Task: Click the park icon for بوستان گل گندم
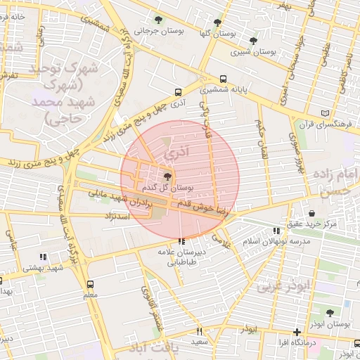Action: tap(168, 177)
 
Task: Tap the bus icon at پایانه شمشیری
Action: tap(224, 79)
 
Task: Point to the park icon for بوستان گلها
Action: tap(217, 22)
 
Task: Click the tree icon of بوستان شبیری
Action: tap(253, 41)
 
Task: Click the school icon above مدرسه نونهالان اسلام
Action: tap(276, 231)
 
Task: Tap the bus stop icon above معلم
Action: tap(90, 284)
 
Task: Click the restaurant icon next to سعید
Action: tap(200, 331)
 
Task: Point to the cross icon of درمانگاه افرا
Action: tap(297, 331)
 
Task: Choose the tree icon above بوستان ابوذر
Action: tap(329, 312)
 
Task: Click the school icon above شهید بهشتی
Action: tap(43, 257)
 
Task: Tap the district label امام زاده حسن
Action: tap(335, 181)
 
